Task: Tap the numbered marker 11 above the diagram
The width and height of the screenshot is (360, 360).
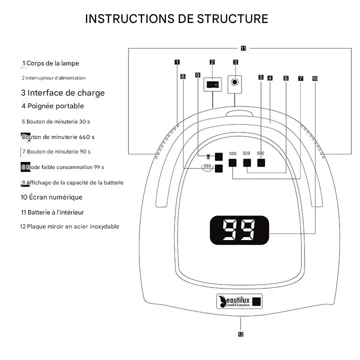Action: [243, 48]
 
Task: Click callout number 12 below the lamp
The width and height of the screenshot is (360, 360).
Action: [240, 334]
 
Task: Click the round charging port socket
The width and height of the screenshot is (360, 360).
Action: [235, 83]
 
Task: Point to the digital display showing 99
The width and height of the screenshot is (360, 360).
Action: [238, 230]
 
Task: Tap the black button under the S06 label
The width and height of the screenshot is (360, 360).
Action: [232, 162]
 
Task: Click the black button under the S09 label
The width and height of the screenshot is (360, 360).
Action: [246, 162]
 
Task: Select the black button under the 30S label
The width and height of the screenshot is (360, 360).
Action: [260, 162]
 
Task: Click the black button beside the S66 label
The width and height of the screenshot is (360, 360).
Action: [218, 168]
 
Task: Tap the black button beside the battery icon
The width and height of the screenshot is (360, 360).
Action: [218, 156]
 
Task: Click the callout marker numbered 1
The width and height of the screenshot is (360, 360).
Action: [177, 62]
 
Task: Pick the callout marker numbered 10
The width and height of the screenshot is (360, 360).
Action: [314, 78]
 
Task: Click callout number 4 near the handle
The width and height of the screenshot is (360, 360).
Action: [269, 78]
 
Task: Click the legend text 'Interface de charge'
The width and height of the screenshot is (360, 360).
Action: [65, 93]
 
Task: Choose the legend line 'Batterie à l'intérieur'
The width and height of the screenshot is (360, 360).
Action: [55, 212]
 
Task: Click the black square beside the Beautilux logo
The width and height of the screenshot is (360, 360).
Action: [256, 301]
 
